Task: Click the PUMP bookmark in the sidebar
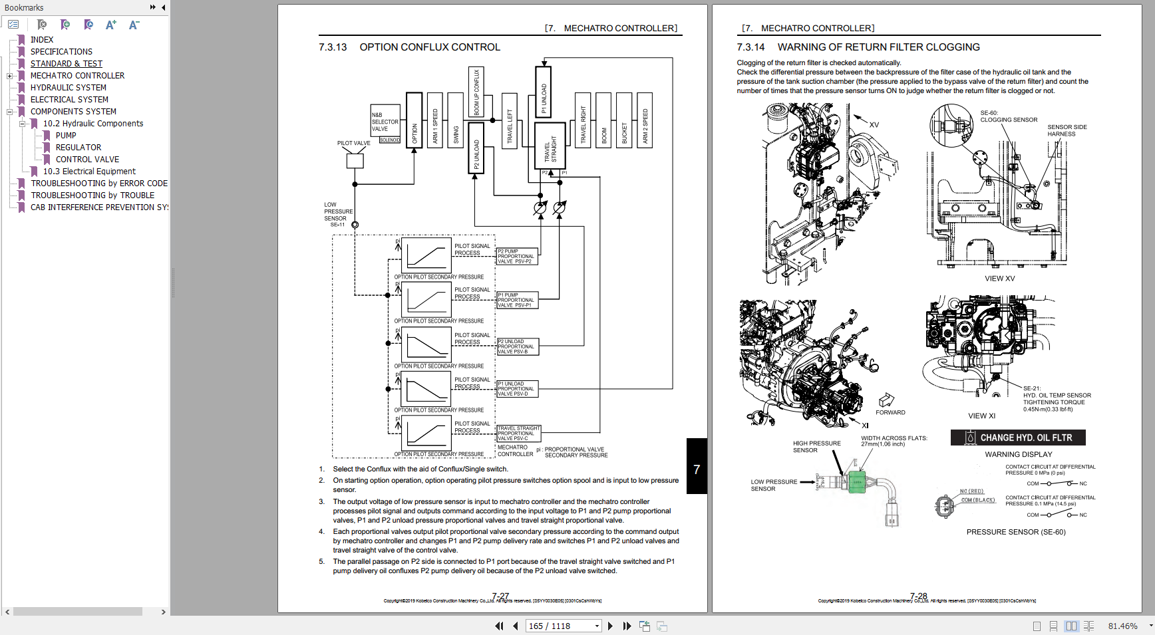coord(66,136)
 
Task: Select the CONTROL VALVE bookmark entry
coord(87,160)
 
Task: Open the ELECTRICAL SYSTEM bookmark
coord(69,100)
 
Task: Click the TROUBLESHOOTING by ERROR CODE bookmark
coord(99,184)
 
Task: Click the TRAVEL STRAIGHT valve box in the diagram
coord(550,146)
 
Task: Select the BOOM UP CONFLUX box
coord(476,92)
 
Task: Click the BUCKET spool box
coord(624,120)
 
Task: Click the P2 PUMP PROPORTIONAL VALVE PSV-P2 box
coord(517,256)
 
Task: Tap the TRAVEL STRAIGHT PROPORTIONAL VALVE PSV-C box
coord(519,434)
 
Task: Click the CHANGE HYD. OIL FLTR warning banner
coord(1018,438)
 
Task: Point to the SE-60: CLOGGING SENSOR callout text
coord(1008,116)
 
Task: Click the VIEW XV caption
coord(999,279)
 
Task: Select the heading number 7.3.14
coord(750,47)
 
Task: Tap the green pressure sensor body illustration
coord(858,481)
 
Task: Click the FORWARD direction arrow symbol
coord(886,400)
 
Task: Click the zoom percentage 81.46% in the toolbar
coord(1122,626)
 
